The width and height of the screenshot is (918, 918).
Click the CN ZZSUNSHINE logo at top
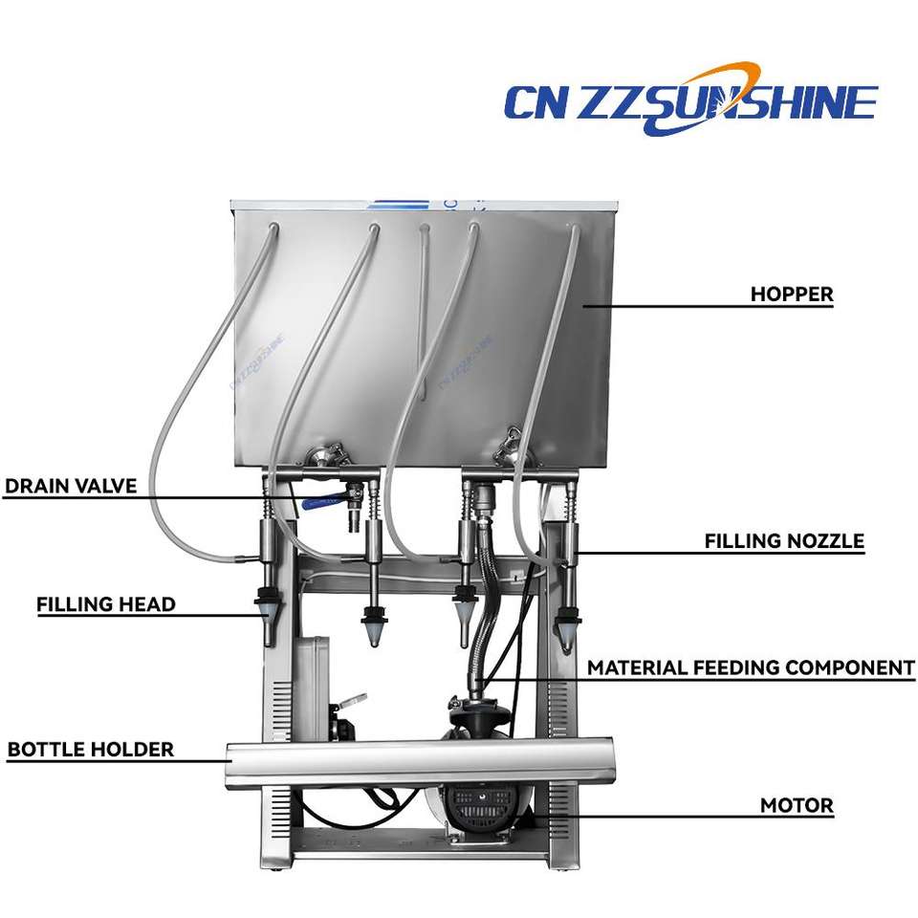(x=689, y=99)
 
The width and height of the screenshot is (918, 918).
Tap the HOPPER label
(x=791, y=294)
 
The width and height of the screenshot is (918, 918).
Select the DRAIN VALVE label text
(x=71, y=486)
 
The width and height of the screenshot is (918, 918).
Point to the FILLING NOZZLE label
(x=784, y=541)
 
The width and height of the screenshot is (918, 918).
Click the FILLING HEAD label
(x=106, y=604)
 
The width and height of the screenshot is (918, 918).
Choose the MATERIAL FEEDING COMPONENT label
(x=751, y=667)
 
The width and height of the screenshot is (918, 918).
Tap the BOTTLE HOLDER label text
(x=91, y=750)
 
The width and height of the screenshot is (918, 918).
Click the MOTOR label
(x=797, y=805)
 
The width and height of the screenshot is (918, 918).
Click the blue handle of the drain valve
(x=325, y=500)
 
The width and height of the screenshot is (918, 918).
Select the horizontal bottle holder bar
(x=421, y=762)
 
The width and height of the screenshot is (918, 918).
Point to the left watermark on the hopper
(x=257, y=361)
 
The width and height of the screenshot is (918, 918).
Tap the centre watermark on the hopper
(x=465, y=361)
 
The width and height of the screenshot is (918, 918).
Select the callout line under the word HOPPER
(x=708, y=307)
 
